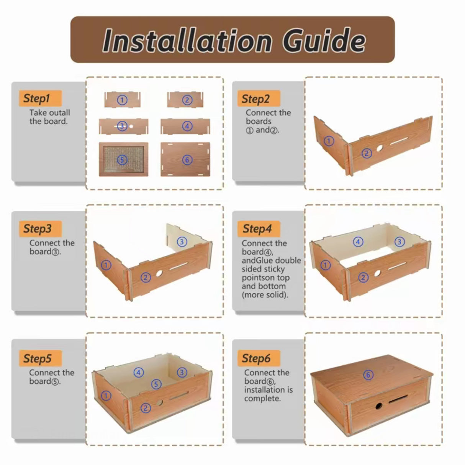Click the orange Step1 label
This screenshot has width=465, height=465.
point(40,98)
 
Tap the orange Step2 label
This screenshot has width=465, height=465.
point(259,98)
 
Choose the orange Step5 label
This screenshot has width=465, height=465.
point(40,358)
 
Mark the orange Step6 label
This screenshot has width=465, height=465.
point(259,358)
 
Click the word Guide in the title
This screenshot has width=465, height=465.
point(324,40)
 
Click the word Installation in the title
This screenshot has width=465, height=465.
point(188,40)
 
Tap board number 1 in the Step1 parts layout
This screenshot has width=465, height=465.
point(122,100)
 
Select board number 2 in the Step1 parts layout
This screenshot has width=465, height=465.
point(185,100)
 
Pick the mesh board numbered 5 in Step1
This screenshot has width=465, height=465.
point(123,159)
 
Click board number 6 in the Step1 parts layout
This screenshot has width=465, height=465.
point(185,159)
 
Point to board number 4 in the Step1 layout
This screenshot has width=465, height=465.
point(185,126)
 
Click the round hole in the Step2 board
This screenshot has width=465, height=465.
point(380,148)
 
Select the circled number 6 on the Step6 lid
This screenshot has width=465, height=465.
point(368,375)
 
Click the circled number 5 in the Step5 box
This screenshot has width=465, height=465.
point(156,384)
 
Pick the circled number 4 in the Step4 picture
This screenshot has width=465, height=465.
point(358,242)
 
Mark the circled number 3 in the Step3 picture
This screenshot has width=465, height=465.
point(182,242)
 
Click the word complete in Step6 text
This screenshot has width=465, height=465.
point(262,398)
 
